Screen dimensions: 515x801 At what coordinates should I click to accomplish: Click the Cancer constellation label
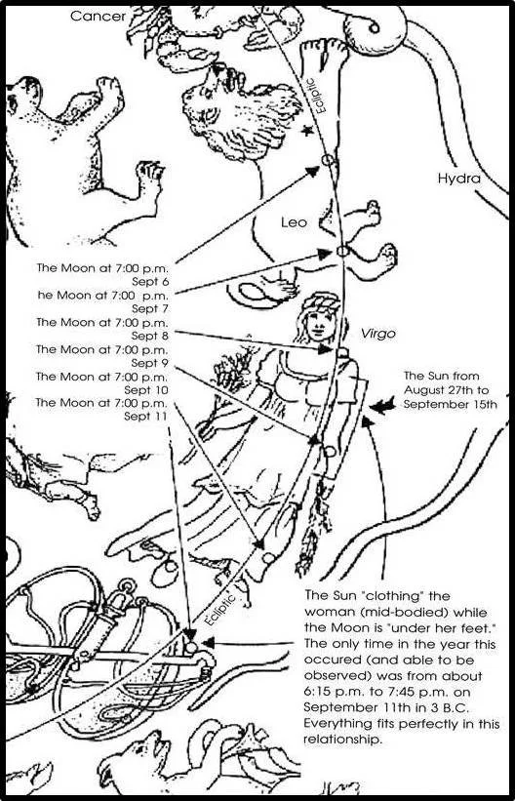[x=98, y=16]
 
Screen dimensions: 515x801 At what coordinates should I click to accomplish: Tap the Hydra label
[x=459, y=179]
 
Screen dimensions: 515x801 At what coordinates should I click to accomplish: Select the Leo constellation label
[x=295, y=222]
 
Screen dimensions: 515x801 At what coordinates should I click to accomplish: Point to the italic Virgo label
[x=378, y=334]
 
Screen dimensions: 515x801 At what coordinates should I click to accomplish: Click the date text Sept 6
[x=153, y=281]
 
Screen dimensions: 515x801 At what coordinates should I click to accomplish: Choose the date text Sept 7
[x=153, y=308]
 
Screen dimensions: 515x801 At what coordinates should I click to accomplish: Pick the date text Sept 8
[x=153, y=336]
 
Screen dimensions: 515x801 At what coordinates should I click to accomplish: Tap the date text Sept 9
[x=153, y=363]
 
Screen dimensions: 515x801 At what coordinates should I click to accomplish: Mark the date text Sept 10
[x=150, y=390]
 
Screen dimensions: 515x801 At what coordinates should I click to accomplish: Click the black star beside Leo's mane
[x=307, y=132]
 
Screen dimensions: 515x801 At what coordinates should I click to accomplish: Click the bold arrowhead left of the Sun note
[x=382, y=406]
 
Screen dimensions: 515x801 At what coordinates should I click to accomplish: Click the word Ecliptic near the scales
[x=218, y=609]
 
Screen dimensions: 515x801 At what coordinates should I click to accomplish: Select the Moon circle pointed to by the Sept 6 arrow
[x=328, y=160]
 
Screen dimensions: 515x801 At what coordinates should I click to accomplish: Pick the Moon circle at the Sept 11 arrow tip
[x=191, y=648]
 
